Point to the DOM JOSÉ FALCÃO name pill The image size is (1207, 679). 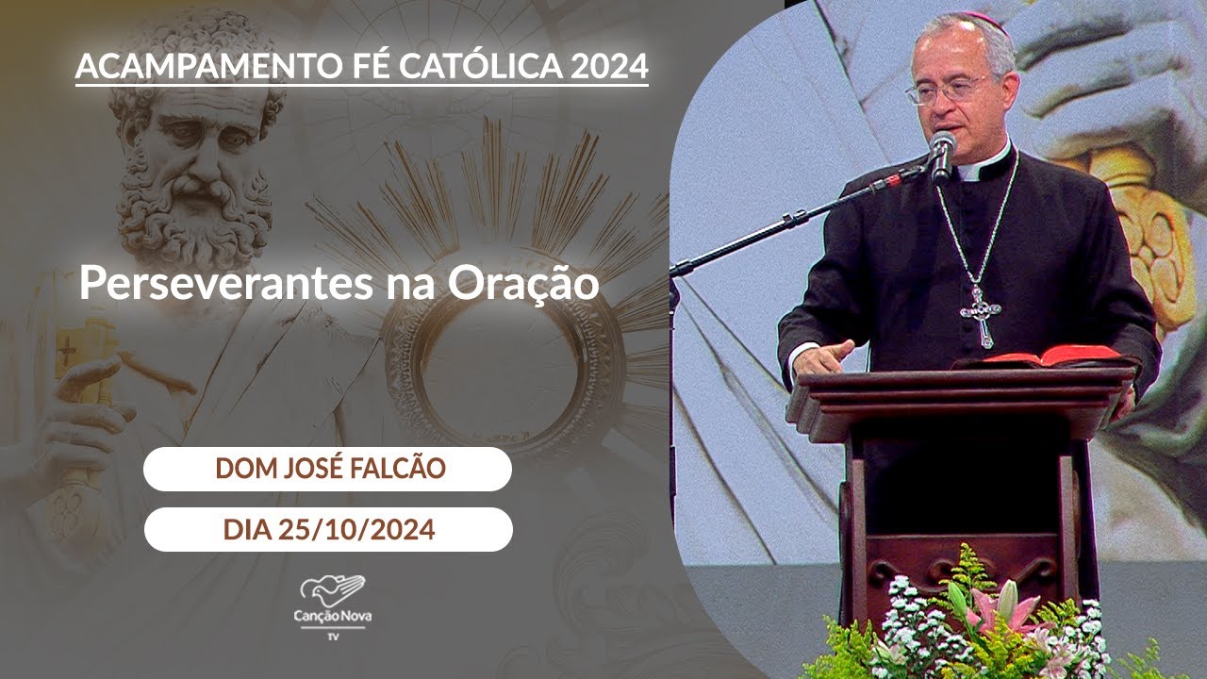pos(327,469)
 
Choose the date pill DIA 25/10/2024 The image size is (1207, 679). pos(328,529)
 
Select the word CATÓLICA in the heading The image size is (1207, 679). pos(492,66)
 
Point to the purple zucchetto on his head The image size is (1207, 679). pos(981,21)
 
